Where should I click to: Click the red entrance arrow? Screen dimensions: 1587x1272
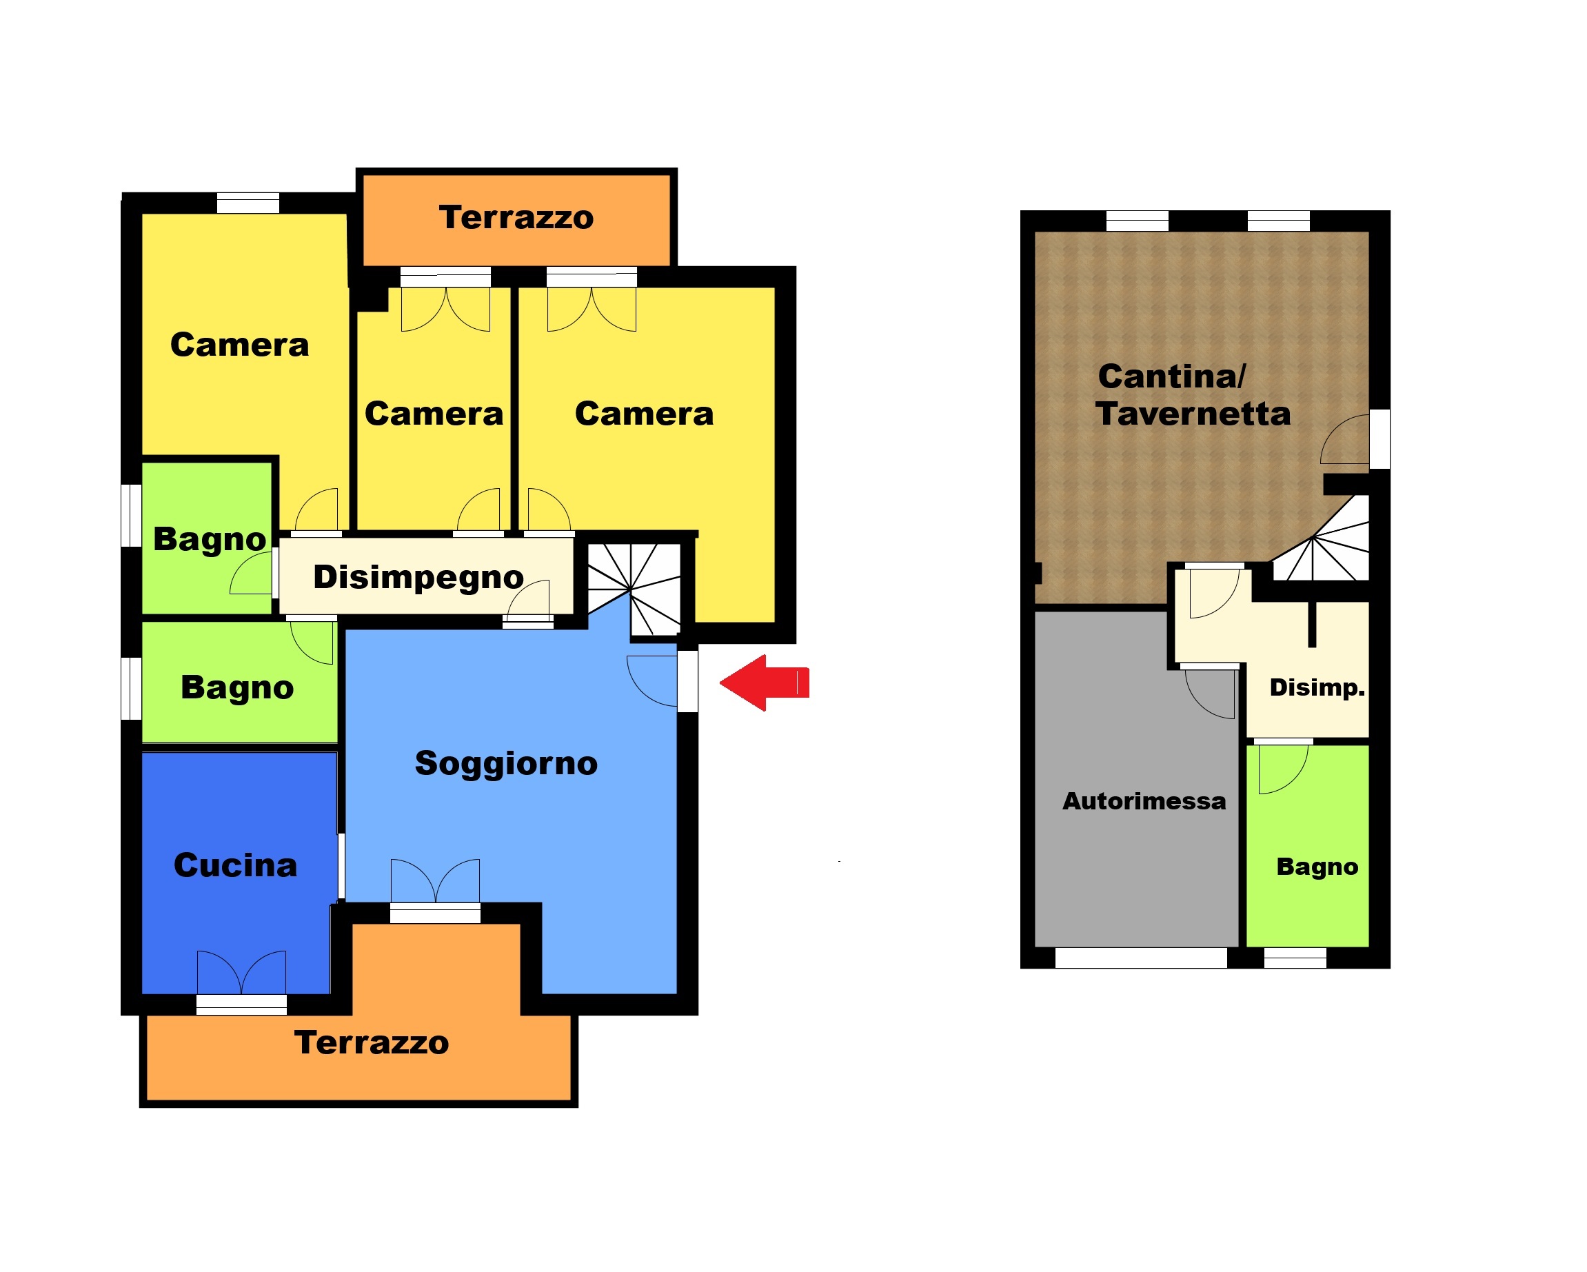pos(764,683)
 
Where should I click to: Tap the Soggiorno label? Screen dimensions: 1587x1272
pos(507,764)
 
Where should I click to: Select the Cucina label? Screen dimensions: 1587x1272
pos(236,865)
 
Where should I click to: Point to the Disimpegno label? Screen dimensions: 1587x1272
pos(418,578)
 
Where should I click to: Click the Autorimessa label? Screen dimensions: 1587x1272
pos(1144,801)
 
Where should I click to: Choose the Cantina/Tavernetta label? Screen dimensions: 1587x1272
pos(1193,395)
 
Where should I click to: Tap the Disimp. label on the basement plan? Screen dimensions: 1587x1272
pos(1317,687)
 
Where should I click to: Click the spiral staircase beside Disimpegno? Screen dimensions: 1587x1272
pos(634,589)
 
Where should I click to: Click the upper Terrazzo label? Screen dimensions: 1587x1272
pos(516,217)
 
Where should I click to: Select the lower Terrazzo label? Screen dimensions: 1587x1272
pos(372,1042)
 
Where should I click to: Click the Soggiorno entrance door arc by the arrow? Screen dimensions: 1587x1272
pos(651,681)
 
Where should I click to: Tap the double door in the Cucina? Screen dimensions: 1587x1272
pos(241,972)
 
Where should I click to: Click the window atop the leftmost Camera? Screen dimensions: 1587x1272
pos(248,203)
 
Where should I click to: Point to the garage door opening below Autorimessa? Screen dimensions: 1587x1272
pos(1141,958)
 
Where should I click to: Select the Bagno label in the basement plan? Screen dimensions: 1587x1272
pos(1317,867)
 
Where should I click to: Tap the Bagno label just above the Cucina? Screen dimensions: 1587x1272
pos(237,688)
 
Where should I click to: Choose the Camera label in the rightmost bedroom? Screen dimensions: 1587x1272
pos(644,414)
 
